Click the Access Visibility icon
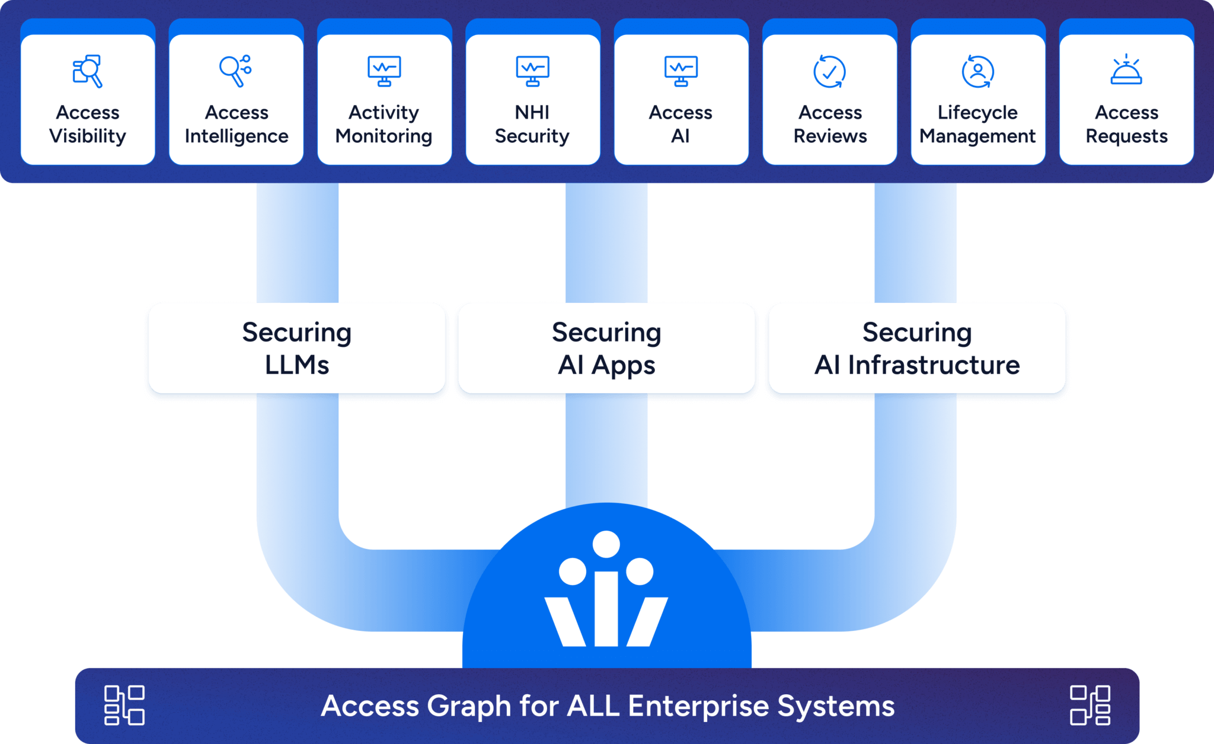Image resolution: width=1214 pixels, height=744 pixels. coord(88,71)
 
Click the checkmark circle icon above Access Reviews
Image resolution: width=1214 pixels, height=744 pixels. coord(829,72)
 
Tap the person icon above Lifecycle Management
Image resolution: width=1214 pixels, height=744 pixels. coord(977,72)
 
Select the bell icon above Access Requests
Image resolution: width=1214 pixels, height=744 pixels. coord(1126,71)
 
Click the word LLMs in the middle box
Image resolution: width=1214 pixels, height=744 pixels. coord(297,365)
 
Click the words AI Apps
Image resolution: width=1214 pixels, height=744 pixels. coord(606,365)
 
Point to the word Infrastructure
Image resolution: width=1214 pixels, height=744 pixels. coord(934,365)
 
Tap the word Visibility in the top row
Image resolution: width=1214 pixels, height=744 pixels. coord(88,136)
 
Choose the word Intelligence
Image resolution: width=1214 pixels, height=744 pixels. coord(237,136)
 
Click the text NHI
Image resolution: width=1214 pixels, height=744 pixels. coord(532,112)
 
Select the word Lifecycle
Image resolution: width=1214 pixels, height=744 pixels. coord(977,112)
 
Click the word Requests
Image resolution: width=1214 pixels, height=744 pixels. coord(1126,136)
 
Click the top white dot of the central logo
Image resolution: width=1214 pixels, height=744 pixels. coord(606,544)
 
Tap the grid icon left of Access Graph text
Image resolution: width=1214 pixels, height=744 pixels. coord(124,705)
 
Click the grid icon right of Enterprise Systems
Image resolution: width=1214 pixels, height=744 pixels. coord(1090,705)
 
